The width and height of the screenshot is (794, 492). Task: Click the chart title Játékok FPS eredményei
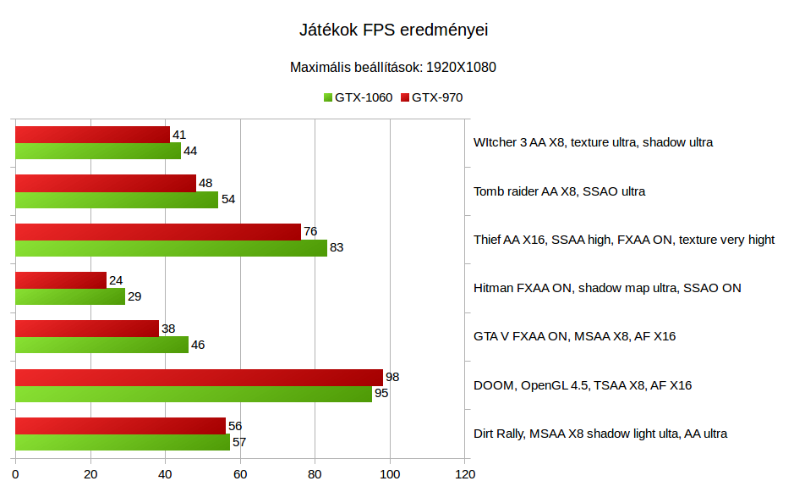click(x=394, y=30)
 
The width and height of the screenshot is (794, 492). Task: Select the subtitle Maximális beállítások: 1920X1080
click(x=393, y=67)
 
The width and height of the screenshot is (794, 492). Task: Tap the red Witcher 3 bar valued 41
click(x=92, y=135)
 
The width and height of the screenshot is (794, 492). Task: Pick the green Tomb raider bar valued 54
click(x=117, y=200)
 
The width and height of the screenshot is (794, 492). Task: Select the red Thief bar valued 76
click(x=158, y=232)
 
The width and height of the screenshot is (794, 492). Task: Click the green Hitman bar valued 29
click(x=70, y=296)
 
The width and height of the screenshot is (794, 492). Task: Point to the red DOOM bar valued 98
click(x=199, y=378)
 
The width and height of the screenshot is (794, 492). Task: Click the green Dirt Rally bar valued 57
click(x=123, y=442)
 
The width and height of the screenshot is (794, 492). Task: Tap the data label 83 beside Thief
click(x=337, y=248)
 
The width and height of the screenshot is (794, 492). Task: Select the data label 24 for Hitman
click(x=116, y=280)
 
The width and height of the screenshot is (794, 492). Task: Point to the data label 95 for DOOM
click(x=381, y=394)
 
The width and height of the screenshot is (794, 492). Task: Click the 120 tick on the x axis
click(x=464, y=475)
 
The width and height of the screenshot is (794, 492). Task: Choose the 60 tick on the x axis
click(x=240, y=475)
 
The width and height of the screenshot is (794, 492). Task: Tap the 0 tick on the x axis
click(x=15, y=475)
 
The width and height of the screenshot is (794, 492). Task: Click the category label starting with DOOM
click(x=583, y=385)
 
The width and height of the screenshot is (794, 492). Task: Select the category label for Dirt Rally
click(x=600, y=434)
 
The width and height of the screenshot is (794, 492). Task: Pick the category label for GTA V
click(x=574, y=336)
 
